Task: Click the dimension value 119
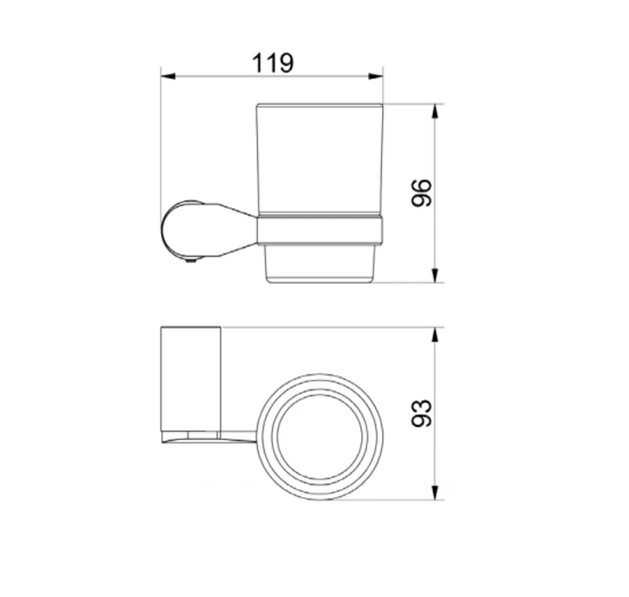(x=273, y=63)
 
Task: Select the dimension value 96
(x=421, y=193)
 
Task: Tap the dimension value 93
(x=421, y=413)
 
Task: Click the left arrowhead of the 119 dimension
(x=168, y=76)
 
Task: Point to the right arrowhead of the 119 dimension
(x=376, y=76)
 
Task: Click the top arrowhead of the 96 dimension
(x=435, y=111)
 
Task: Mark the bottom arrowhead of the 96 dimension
(x=435, y=275)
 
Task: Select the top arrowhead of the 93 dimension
(x=435, y=334)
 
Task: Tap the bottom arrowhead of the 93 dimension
(x=435, y=492)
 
